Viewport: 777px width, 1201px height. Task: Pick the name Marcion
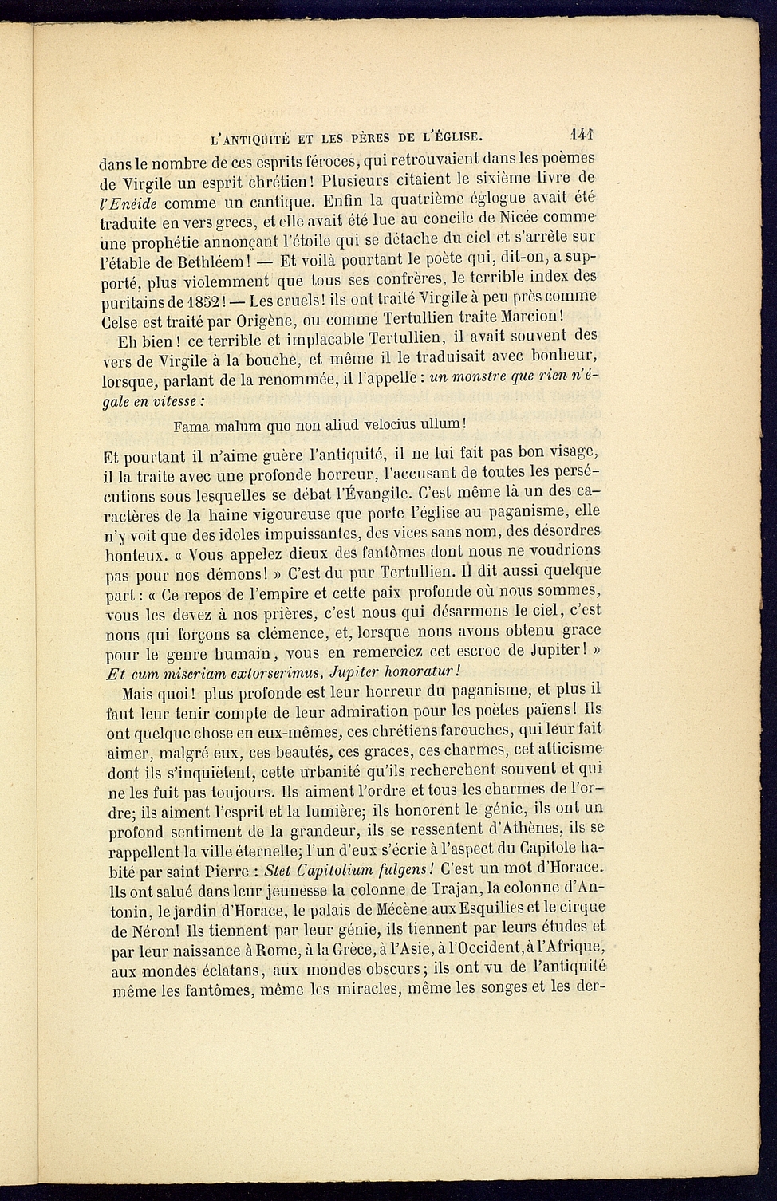(535, 316)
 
